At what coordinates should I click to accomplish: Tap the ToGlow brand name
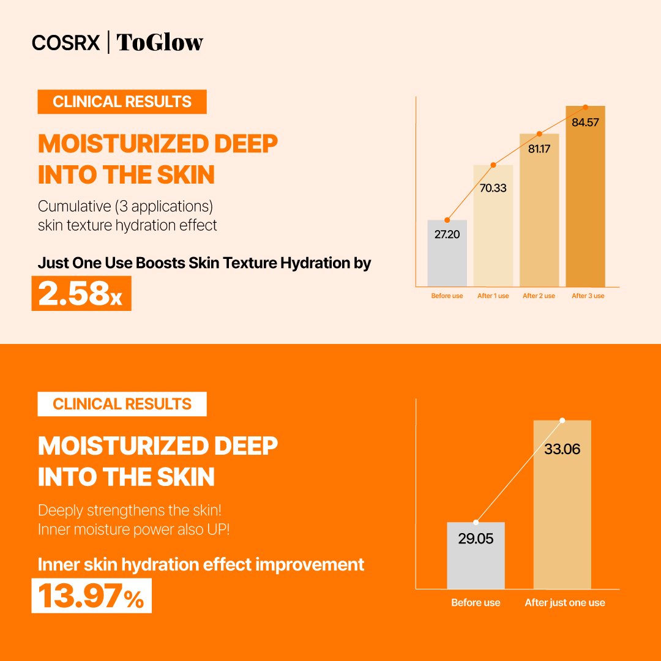click(x=159, y=42)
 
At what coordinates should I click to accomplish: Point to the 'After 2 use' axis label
click(x=539, y=296)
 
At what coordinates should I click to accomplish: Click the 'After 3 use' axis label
click(x=588, y=296)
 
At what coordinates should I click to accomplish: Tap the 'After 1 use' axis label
click(x=493, y=296)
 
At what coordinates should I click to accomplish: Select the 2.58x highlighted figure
click(x=81, y=294)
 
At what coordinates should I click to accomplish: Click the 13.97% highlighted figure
click(x=91, y=596)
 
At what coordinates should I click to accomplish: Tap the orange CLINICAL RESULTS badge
click(x=122, y=102)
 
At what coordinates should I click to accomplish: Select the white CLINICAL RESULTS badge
click(x=122, y=404)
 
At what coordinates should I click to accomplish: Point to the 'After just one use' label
click(x=564, y=603)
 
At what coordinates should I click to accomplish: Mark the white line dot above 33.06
click(x=562, y=420)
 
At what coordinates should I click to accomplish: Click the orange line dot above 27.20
click(x=447, y=220)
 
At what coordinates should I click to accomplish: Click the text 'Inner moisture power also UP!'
click(x=133, y=529)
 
